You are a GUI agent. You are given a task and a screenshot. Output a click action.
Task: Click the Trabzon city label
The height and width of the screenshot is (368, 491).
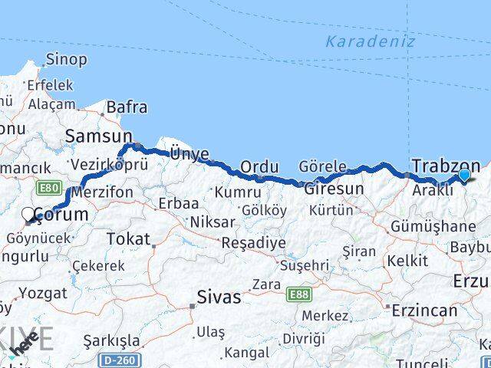(x=446, y=166)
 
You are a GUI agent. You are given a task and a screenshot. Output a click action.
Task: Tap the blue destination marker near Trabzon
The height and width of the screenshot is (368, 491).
(x=464, y=176)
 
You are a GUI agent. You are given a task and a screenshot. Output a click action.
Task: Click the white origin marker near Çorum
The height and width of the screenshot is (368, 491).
(x=29, y=215)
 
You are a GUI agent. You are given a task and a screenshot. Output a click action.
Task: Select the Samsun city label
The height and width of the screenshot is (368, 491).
(x=99, y=136)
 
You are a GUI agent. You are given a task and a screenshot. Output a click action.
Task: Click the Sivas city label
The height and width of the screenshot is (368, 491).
(x=219, y=296)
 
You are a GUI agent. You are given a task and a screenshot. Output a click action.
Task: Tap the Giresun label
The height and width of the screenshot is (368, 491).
(x=334, y=189)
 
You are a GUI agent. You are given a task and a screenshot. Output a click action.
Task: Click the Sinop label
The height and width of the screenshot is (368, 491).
(x=66, y=59)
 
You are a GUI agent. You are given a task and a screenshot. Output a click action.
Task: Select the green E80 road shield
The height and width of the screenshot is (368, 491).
(x=48, y=186)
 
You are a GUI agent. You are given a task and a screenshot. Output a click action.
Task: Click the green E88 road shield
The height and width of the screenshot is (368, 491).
(x=299, y=294)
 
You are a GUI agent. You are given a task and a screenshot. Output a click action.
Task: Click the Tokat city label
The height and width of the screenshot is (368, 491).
(x=128, y=239)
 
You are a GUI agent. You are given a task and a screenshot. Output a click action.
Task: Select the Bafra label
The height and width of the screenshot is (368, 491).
(x=127, y=108)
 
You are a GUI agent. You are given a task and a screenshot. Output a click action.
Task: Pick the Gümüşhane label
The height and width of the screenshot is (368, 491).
(x=433, y=226)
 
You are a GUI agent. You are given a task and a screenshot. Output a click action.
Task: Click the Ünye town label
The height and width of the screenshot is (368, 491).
(x=189, y=154)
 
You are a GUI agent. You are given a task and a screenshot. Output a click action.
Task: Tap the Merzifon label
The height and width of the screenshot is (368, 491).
(x=103, y=192)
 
